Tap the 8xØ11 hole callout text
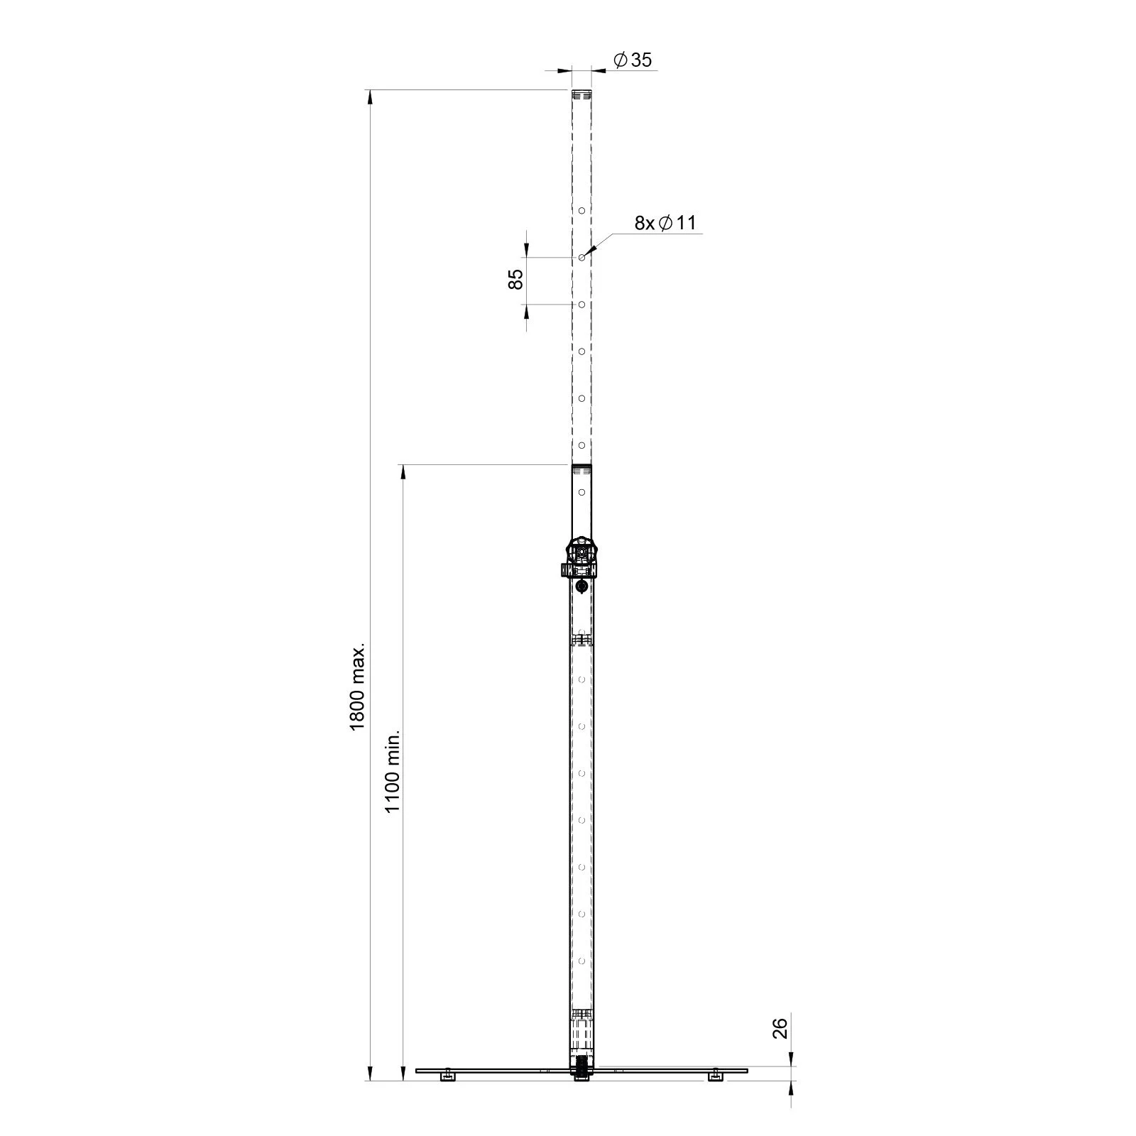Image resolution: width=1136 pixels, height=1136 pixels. (x=665, y=223)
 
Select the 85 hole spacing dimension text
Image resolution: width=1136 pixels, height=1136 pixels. (x=517, y=279)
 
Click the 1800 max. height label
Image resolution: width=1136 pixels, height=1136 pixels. (x=357, y=687)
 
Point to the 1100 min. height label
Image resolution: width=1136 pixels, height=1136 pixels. (x=393, y=770)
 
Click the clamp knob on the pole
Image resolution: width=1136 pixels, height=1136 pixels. (x=581, y=551)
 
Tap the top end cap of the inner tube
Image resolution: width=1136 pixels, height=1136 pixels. (x=581, y=93)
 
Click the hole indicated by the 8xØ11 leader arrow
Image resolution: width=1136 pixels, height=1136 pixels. (x=581, y=258)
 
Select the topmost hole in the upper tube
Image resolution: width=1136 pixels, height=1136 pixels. (x=581, y=211)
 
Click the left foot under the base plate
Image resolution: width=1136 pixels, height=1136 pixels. (x=447, y=1097)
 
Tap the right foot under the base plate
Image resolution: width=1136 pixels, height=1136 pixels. (x=716, y=1097)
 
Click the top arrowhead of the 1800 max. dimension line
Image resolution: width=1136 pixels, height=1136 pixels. (x=369, y=97)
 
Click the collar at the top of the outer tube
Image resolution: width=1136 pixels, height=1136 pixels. (x=581, y=468)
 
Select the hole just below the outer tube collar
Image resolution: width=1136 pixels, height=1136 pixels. (x=581, y=491)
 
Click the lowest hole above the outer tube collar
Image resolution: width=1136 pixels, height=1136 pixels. (x=581, y=445)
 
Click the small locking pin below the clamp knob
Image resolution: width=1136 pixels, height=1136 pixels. (x=581, y=586)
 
